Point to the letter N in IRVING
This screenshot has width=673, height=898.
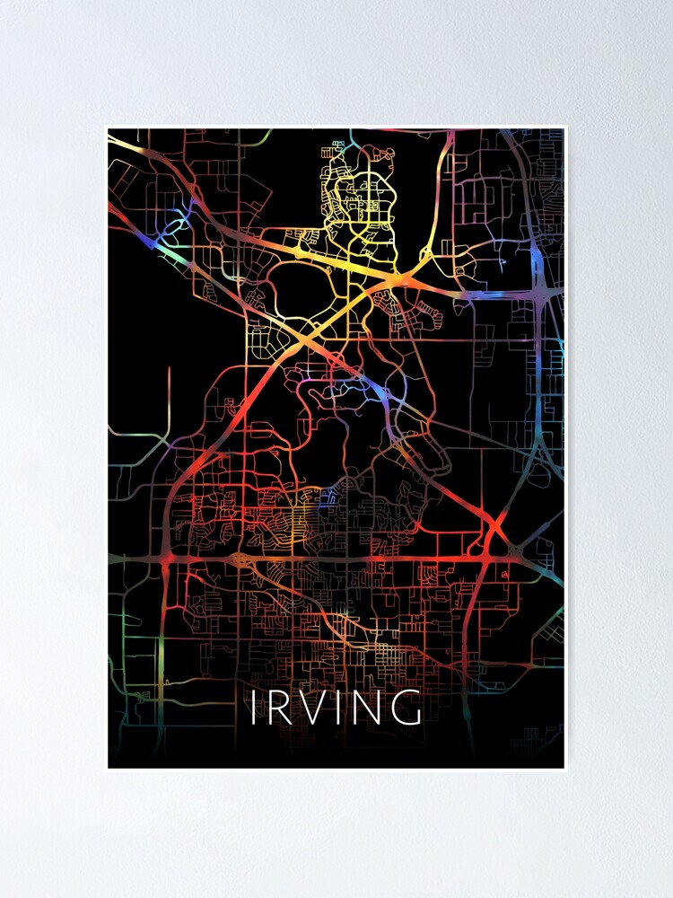(x=369, y=708)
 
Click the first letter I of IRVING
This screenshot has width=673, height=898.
(x=254, y=708)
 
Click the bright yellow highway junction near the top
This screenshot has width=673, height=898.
(x=398, y=283)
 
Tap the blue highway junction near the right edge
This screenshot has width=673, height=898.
(x=538, y=260)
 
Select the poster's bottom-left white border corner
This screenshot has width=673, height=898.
(x=107, y=770)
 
